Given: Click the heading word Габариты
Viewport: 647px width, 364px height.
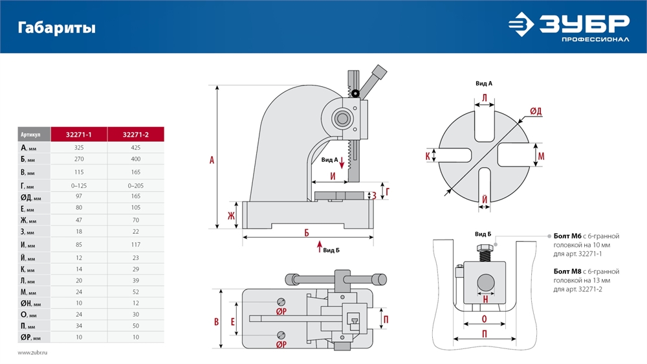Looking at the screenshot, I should (57, 28).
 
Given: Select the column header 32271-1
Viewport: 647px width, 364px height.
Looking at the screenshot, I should (79, 135).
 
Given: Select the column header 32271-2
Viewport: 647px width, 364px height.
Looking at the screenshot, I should (135, 135).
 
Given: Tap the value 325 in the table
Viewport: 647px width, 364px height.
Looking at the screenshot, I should (79, 148).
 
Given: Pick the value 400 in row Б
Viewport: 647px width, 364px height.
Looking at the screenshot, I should (135, 159).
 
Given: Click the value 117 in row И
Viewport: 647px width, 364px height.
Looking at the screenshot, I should (135, 245).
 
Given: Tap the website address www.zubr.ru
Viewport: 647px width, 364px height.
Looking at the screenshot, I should (33, 352).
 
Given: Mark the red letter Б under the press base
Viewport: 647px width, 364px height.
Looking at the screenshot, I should (307, 232).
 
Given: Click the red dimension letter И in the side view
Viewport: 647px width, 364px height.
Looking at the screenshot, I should (333, 176).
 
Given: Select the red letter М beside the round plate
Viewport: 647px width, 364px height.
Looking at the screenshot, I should (541, 156).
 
